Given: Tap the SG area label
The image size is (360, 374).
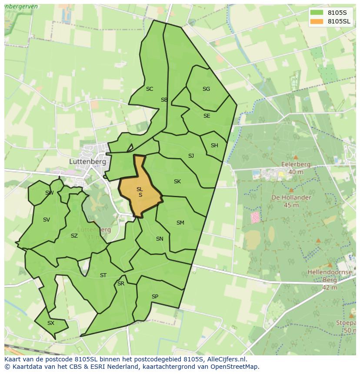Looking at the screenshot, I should (x=206, y=89).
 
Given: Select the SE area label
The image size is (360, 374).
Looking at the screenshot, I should (x=207, y=116).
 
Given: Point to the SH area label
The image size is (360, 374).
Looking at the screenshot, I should (x=214, y=146).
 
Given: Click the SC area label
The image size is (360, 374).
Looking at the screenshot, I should (x=150, y=89).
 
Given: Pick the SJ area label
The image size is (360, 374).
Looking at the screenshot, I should (x=191, y=156).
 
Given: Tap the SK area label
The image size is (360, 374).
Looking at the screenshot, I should (x=177, y=182).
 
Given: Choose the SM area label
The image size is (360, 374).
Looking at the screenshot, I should (x=180, y=223).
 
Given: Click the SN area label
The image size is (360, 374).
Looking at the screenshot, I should (x=160, y=239).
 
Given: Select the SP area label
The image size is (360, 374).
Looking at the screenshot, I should (x=155, y=297).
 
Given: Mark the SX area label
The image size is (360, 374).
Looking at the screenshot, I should (x=51, y=323).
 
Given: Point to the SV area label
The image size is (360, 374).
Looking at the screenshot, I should (x=47, y=220).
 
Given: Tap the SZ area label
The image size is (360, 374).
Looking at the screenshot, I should (x=74, y=236).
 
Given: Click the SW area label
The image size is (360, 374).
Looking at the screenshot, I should (x=49, y=193).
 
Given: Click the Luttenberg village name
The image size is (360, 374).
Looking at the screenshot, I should (x=87, y=161).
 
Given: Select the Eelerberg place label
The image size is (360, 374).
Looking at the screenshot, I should (x=296, y=165).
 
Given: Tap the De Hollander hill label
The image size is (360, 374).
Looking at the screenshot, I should (x=291, y=197).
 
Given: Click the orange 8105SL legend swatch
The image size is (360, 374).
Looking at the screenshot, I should (x=317, y=21).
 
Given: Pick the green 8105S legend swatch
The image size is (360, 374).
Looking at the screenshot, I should (x=317, y=12).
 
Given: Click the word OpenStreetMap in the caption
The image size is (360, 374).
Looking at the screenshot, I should (x=233, y=367).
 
